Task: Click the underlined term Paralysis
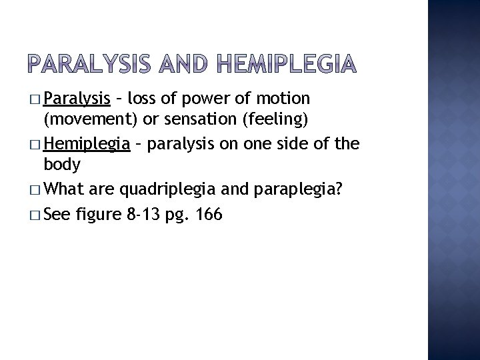tap(77, 100)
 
